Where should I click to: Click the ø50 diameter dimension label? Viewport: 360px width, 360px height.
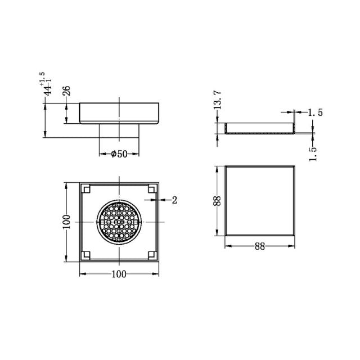(118, 154)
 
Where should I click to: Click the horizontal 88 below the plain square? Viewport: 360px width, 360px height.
(260, 246)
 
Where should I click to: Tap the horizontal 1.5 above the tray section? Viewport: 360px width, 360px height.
(316, 113)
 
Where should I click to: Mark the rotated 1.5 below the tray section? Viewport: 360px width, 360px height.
(313, 153)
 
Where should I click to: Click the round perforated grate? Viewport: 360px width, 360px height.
(119, 222)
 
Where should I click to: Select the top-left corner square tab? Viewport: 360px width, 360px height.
(86, 189)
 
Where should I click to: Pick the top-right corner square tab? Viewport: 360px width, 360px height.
(152, 189)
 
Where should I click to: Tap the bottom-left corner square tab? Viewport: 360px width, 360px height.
(86, 255)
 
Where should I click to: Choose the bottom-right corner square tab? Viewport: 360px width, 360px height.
(152, 255)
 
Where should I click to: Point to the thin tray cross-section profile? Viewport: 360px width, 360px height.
(260, 130)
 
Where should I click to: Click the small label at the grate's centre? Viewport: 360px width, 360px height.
(119, 222)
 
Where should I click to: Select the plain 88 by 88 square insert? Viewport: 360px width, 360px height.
(260, 200)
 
